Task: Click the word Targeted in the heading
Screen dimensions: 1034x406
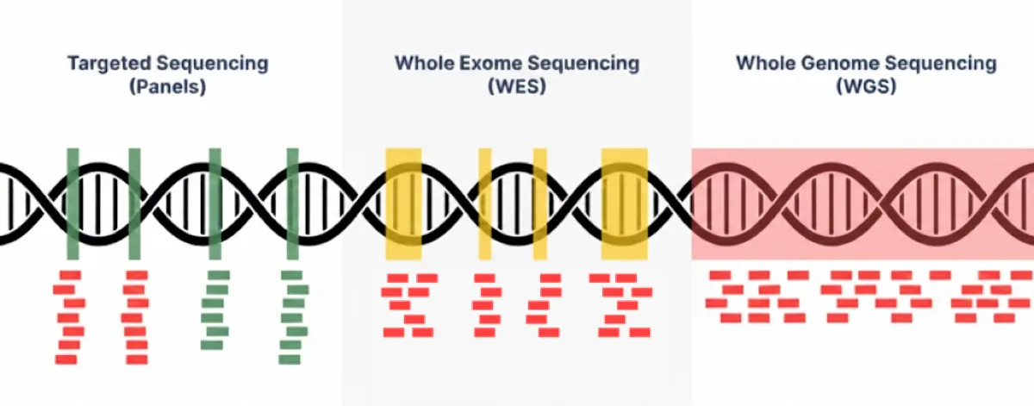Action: (x=109, y=63)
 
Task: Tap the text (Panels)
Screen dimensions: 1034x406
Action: (x=167, y=86)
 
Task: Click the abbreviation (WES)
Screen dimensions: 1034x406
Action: (x=517, y=86)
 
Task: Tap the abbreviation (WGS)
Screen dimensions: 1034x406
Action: (x=867, y=86)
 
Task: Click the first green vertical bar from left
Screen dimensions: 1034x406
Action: (x=73, y=203)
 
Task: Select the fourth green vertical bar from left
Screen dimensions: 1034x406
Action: (x=293, y=203)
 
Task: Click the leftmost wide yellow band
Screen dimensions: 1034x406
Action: (x=403, y=203)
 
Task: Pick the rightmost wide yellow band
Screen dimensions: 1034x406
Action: (x=624, y=203)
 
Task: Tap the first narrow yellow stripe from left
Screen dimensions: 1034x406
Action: (x=484, y=203)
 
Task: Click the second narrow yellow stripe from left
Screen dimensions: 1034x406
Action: (x=540, y=203)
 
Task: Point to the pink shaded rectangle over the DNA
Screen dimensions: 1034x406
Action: (x=863, y=203)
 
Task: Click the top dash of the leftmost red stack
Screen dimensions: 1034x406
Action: (x=70, y=275)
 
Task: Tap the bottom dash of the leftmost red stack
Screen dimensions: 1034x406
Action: (x=66, y=359)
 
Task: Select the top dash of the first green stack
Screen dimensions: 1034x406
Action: (x=219, y=275)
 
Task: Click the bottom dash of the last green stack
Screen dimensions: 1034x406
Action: (x=290, y=359)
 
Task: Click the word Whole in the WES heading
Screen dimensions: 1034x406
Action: (x=424, y=63)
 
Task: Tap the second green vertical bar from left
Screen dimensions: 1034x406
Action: (x=134, y=203)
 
